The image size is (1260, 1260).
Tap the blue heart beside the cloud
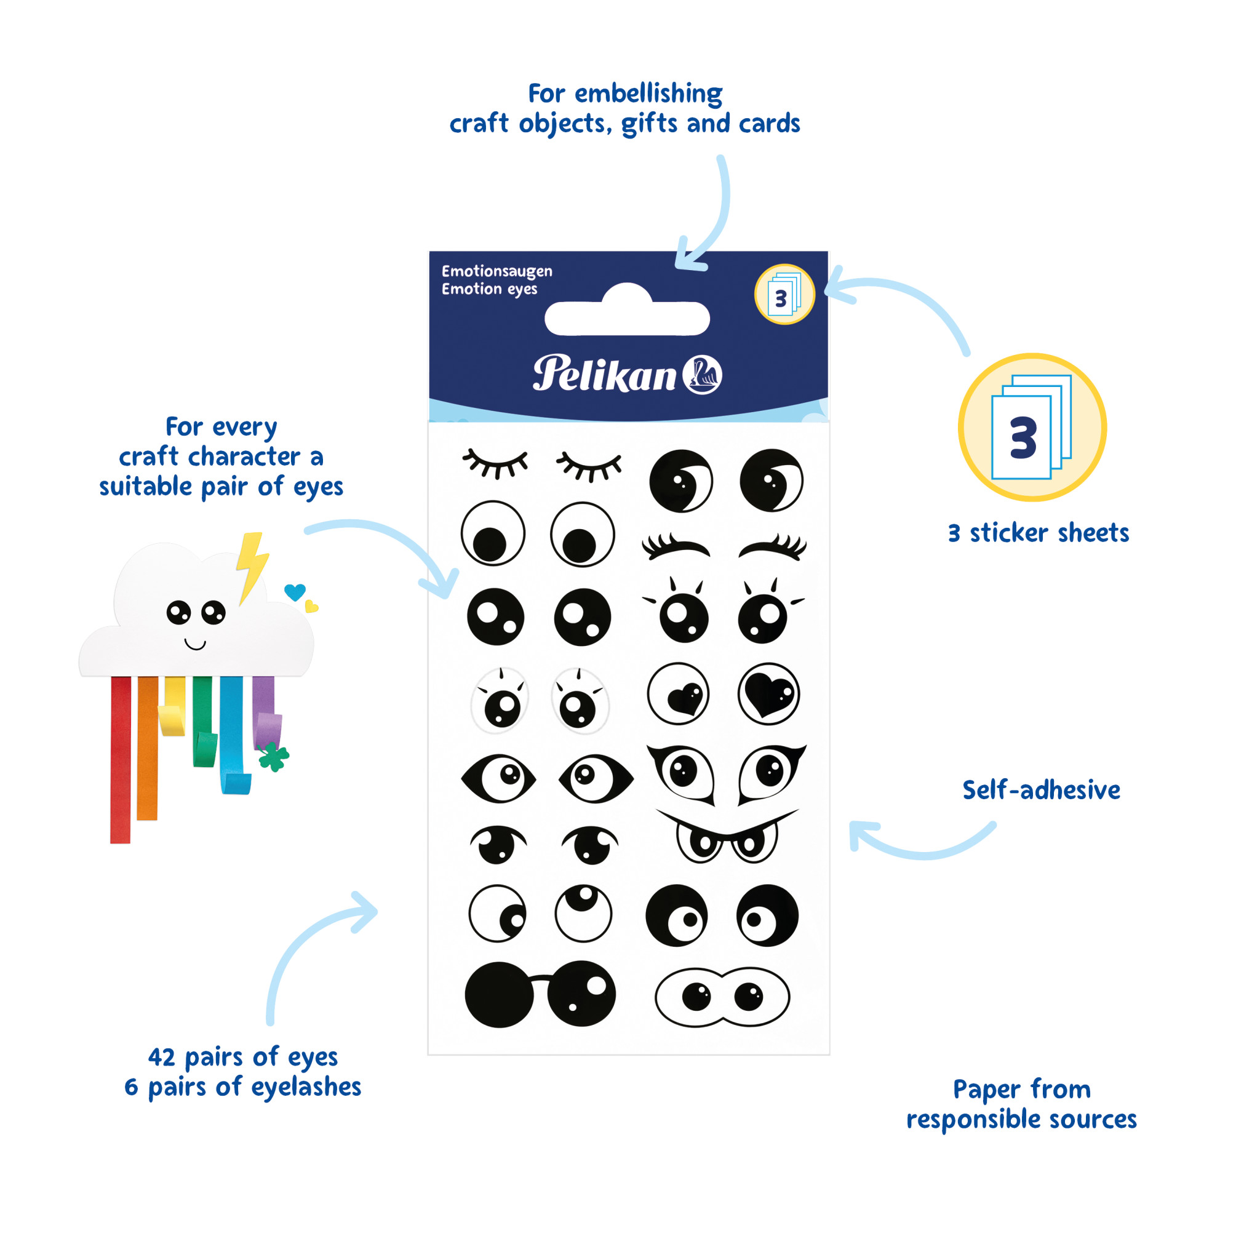pyautogui.click(x=295, y=591)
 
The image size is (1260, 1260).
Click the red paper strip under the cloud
pyautogui.click(x=121, y=760)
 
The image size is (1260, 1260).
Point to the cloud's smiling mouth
pyautogui.click(x=195, y=645)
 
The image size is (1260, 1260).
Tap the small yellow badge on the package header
pyautogui.click(x=784, y=295)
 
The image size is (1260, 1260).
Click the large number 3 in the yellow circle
pyautogui.click(x=1023, y=437)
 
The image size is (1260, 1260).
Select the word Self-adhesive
pyautogui.click(x=1041, y=791)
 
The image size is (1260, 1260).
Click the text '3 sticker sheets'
pyautogui.click(x=1039, y=533)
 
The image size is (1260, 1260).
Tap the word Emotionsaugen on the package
pyautogui.click(x=496, y=271)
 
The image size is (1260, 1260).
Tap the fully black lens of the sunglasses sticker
pyautogui.click(x=499, y=995)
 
